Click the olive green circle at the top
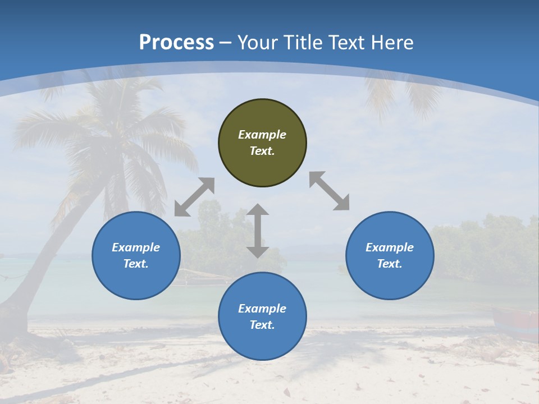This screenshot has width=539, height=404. click(262, 143)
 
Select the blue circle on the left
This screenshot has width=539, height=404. click(136, 256)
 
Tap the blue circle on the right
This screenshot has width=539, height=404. click(390, 256)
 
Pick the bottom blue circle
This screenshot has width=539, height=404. click(262, 316)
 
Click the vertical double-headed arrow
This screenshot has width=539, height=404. click(258, 231)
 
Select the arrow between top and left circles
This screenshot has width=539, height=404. click(194, 197)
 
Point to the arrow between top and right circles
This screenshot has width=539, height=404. click(330, 191)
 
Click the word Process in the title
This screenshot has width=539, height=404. click(176, 43)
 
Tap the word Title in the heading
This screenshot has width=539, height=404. click(304, 43)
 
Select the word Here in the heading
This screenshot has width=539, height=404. click(392, 43)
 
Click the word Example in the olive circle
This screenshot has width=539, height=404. click(262, 135)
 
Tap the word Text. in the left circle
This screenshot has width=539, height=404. click(136, 264)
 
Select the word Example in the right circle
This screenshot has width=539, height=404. click(390, 247)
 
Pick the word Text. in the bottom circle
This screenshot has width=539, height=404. click(262, 325)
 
